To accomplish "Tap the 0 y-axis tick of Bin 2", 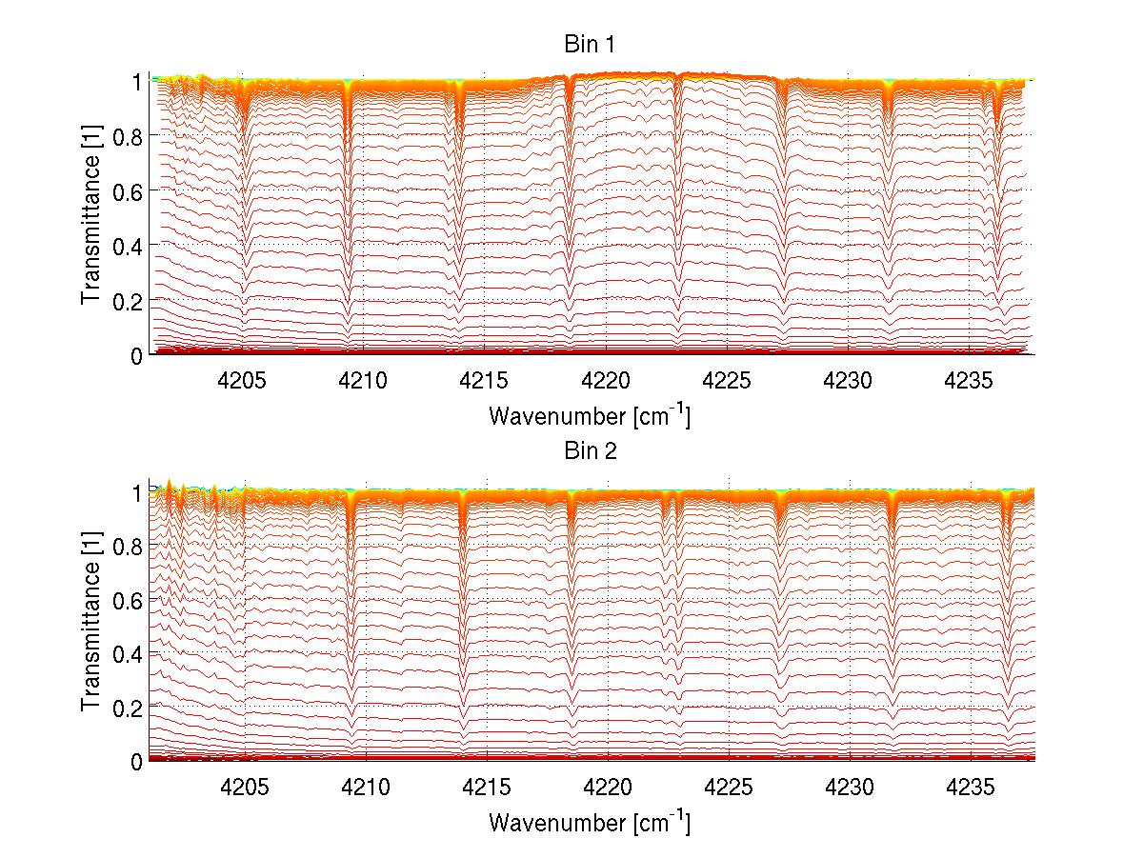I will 137,761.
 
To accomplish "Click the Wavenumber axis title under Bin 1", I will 590,416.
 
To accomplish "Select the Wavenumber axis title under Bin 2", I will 590,822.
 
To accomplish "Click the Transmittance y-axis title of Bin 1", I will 91,217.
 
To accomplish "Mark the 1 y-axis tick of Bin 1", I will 137,82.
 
